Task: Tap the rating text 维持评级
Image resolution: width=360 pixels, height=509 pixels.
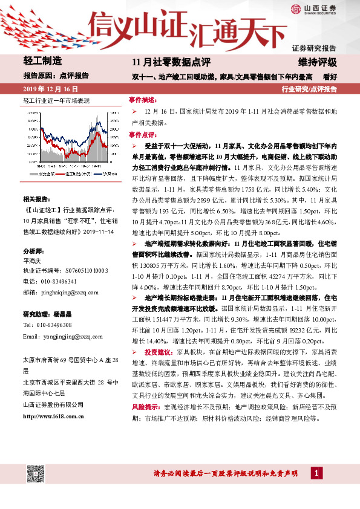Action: pyautogui.click(x=318, y=62)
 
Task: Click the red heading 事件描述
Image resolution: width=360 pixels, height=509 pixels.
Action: pyautogui.click(x=143, y=99)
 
